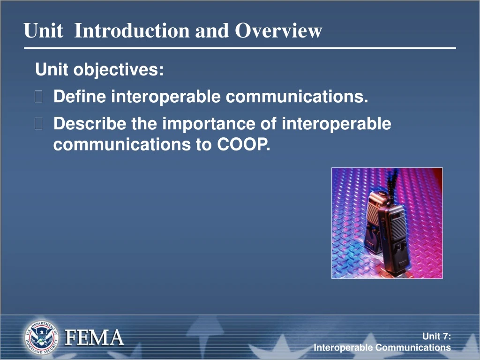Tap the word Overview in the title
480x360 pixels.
(278, 31)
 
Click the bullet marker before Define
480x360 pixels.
(39, 97)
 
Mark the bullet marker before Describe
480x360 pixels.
(39, 125)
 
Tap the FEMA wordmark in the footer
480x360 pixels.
(94, 337)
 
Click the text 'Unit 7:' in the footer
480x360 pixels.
(436, 336)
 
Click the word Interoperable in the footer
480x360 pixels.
(344, 347)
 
